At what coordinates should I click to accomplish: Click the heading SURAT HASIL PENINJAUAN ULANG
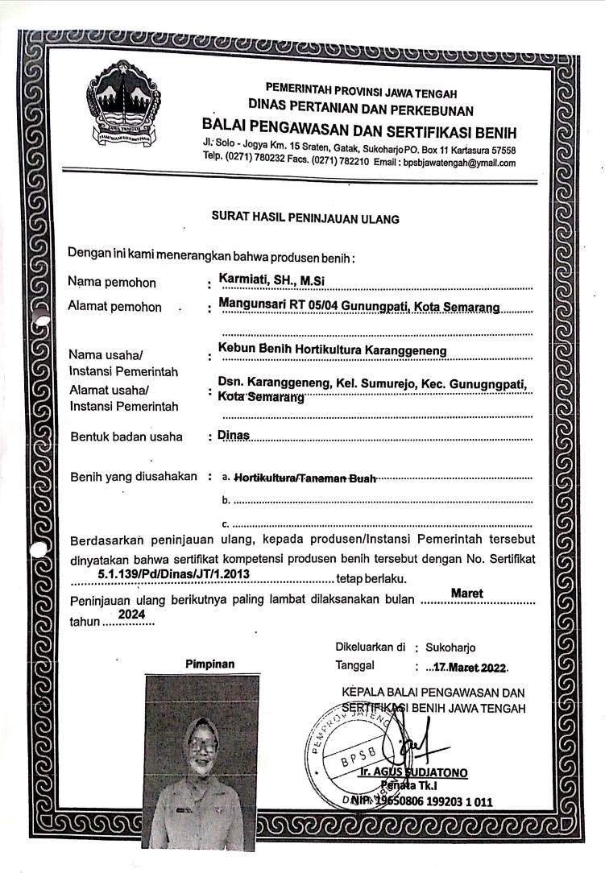coord(305,217)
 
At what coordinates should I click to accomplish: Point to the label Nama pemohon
coord(113,283)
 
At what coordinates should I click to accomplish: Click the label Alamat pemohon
coord(115,307)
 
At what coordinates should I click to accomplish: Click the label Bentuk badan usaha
coord(126,437)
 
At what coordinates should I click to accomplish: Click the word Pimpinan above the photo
coord(209,664)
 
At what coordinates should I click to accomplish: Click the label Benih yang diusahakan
coord(134,477)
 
